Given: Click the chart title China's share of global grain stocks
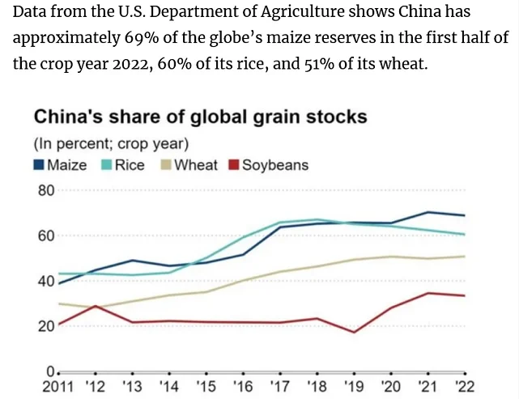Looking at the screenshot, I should (200, 117).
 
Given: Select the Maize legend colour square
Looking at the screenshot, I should (39, 165).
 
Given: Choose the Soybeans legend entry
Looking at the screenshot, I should (270, 165).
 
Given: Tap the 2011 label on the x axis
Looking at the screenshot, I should (61, 387).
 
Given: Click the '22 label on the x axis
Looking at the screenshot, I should (464, 387).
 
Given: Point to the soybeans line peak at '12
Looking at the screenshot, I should (96, 306).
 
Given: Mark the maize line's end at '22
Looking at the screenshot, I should (464, 215).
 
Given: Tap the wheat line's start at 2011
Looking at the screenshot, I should (60, 303).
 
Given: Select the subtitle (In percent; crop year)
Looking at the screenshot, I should (110, 144).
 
